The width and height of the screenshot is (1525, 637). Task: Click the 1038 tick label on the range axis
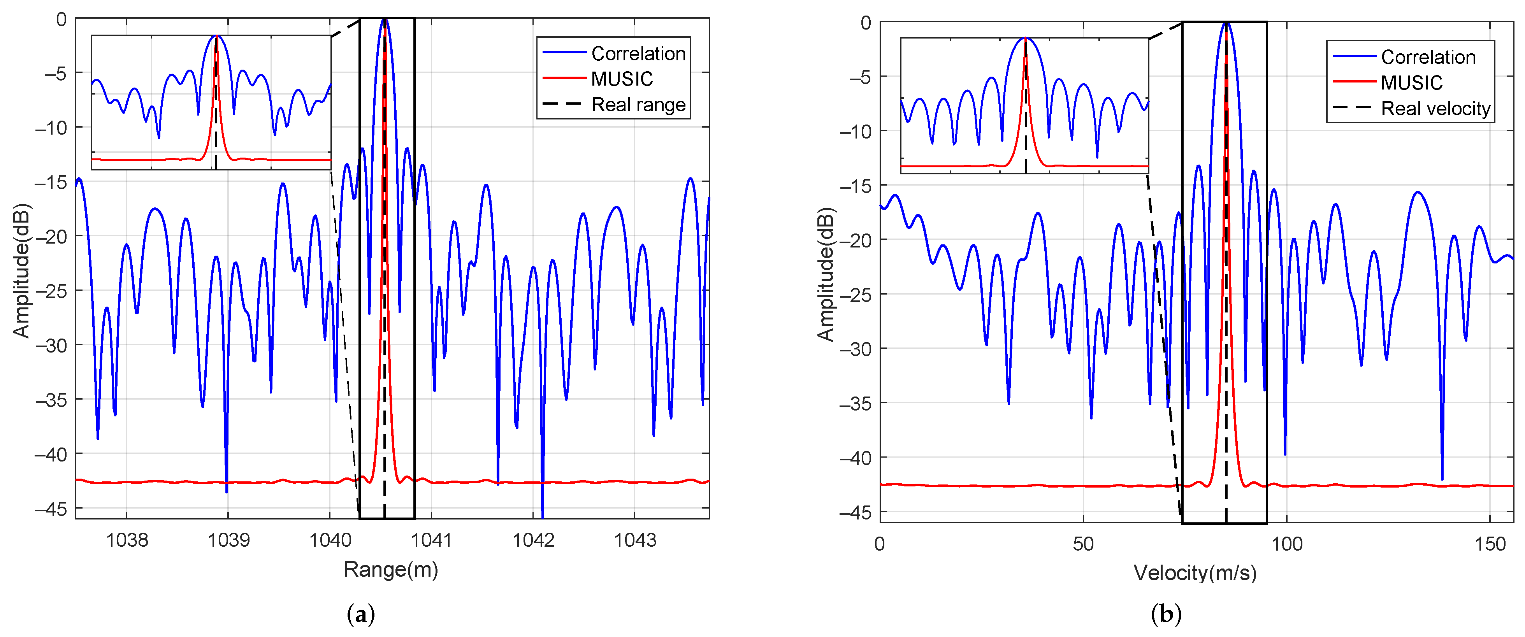(x=126, y=539)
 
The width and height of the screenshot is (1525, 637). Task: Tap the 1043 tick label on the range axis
(x=634, y=539)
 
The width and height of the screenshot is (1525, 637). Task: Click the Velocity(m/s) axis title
(x=1195, y=572)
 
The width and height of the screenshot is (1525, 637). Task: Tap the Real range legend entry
(x=638, y=105)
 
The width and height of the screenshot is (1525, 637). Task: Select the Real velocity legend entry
(x=1435, y=108)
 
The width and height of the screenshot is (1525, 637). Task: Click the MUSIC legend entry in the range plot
(x=622, y=79)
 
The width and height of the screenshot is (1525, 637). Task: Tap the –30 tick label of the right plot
(x=856, y=349)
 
